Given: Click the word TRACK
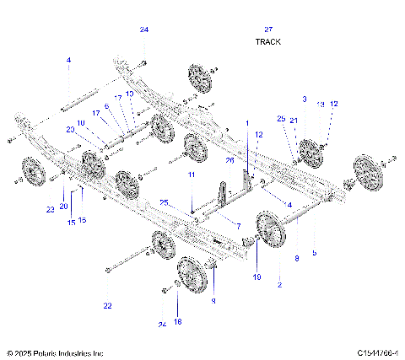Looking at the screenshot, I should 267,41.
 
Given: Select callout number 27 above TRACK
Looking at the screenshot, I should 268,30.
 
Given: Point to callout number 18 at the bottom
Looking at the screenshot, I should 177,321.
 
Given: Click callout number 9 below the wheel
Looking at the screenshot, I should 213,300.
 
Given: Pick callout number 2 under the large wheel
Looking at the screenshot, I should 280,287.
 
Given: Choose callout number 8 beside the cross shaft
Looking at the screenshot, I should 295,260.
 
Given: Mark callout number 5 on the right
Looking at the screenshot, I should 314,252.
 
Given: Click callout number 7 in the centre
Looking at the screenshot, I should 238,226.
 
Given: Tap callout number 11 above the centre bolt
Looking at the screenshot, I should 192,174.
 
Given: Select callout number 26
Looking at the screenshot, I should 229,160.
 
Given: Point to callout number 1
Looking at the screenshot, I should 247,123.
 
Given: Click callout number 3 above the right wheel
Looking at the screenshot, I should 305,99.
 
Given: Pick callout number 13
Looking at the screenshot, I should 320,104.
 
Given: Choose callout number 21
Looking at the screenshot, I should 294,121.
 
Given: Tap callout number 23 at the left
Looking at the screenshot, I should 50,208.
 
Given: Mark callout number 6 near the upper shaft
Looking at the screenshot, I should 107,106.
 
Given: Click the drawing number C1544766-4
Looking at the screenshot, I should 377,352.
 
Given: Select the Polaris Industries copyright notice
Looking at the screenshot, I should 55,352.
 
